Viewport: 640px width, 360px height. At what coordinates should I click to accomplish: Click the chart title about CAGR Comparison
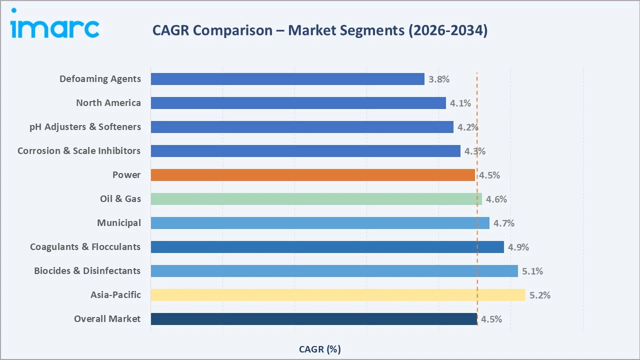[x=320, y=30]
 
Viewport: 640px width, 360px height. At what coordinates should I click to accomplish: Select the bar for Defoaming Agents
[x=287, y=79]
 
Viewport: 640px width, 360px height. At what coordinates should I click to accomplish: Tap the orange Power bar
[x=312, y=175]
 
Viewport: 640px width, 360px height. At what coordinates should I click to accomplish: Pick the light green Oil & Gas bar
[x=316, y=199]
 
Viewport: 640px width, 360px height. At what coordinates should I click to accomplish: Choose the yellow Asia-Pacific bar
[x=338, y=295]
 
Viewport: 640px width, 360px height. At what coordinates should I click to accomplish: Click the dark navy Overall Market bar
[x=313, y=319]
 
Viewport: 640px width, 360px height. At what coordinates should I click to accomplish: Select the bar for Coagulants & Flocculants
[x=327, y=247]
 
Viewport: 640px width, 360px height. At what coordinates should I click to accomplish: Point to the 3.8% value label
[x=439, y=79]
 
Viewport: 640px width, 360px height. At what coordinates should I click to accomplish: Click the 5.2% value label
[x=540, y=295]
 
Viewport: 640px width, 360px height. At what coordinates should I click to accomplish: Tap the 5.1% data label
[x=532, y=271]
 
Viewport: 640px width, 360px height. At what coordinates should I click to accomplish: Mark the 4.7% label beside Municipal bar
[x=504, y=223]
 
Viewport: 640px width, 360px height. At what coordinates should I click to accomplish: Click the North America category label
[x=108, y=103]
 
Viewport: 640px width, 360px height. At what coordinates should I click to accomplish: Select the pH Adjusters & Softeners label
[x=85, y=127]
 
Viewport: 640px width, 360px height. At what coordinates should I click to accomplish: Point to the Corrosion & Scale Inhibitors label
[x=79, y=151]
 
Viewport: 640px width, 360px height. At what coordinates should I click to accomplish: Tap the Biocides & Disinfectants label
[x=87, y=271]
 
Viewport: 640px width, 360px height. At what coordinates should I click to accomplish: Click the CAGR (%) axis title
[x=320, y=349]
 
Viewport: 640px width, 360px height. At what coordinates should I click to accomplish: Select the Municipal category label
[x=119, y=223]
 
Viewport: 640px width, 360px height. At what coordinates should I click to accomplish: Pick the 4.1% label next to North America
[x=460, y=103]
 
